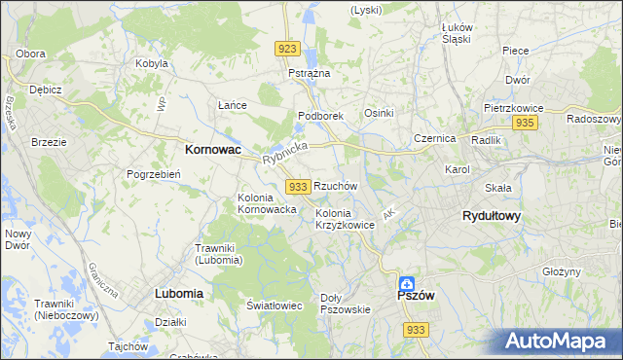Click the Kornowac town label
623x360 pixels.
(x=213, y=151)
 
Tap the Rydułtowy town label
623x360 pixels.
(x=491, y=216)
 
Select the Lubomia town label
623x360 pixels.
(x=178, y=293)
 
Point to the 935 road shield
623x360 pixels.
(x=525, y=123)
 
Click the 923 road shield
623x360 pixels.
(x=286, y=49)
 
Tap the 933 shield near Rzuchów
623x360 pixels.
(x=299, y=186)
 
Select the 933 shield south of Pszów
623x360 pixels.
(x=416, y=330)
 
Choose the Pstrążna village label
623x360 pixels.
(x=310, y=73)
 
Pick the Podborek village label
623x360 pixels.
(x=320, y=115)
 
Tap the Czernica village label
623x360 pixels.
(x=434, y=138)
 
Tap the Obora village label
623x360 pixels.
(x=31, y=53)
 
